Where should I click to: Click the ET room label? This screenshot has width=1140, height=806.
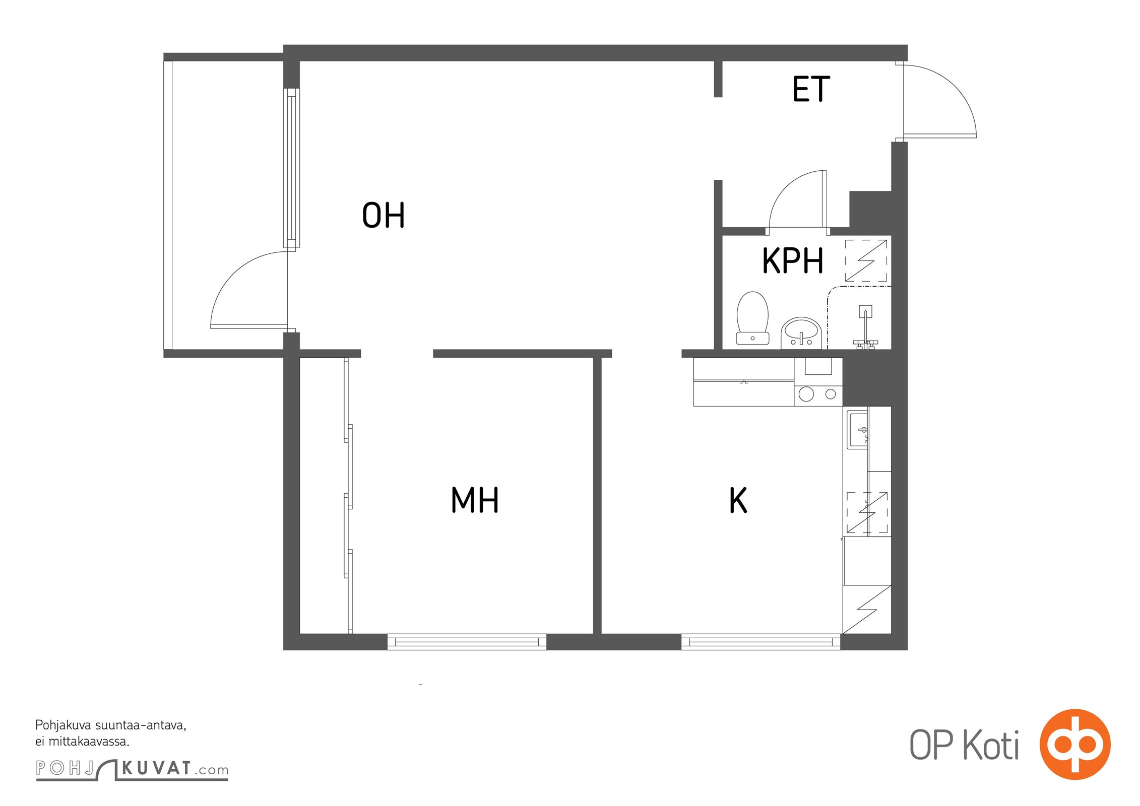pyautogui.click(x=811, y=89)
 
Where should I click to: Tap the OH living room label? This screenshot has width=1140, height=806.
pyautogui.click(x=384, y=215)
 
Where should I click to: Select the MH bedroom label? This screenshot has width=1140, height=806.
pyautogui.click(x=475, y=500)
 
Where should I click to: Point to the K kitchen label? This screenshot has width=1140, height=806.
pyautogui.click(x=738, y=500)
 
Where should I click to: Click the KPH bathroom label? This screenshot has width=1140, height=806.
pyautogui.click(x=792, y=260)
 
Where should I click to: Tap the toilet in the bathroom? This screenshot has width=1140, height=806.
pyautogui.click(x=752, y=318)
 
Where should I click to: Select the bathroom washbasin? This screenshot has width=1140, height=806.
pyautogui.click(x=801, y=333)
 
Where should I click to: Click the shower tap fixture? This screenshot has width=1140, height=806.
pyautogui.click(x=865, y=327)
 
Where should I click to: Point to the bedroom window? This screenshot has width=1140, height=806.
pyautogui.click(x=467, y=642)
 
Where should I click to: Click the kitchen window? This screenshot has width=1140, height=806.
pyautogui.click(x=761, y=642)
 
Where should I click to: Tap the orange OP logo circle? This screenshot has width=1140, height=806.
pyautogui.click(x=1075, y=744)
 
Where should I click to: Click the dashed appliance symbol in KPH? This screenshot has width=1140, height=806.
pyautogui.click(x=866, y=260)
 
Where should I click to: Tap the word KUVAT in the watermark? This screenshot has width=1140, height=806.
pyautogui.click(x=156, y=768)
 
